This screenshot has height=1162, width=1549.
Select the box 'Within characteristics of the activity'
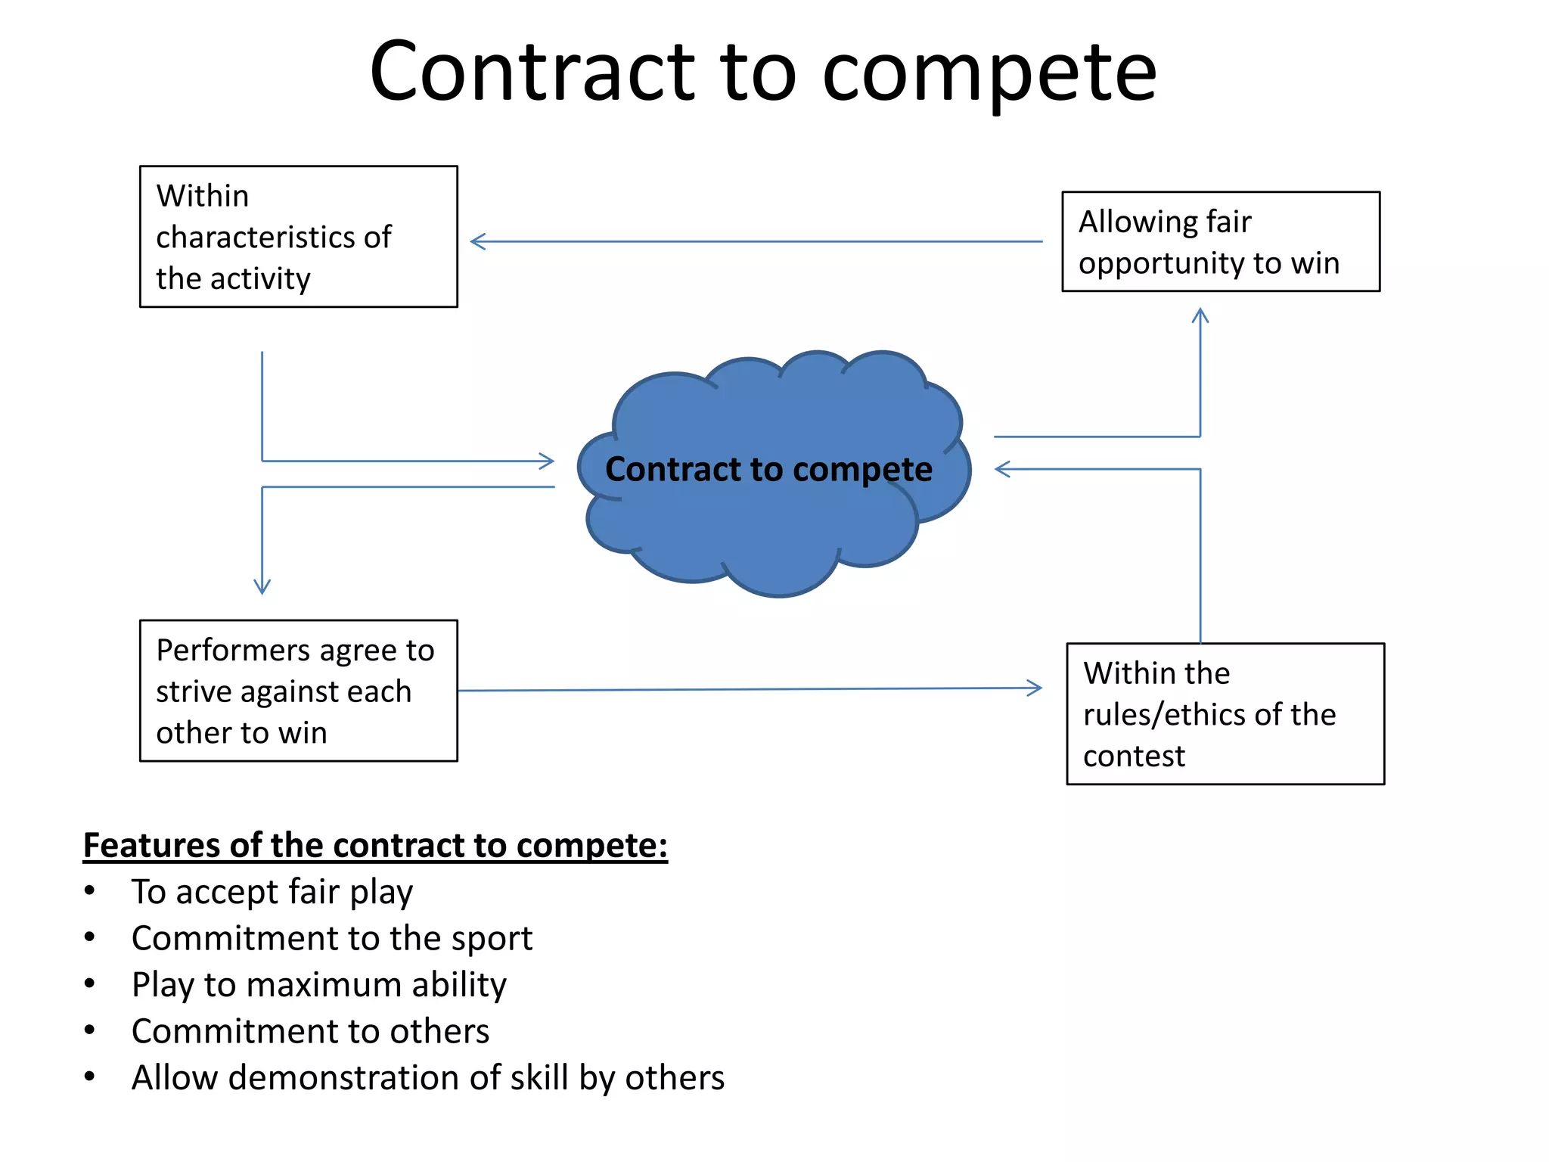click(298, 237)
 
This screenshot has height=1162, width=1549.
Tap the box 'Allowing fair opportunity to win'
click(1220, 242)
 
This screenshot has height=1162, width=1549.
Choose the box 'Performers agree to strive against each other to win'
click(298, 691)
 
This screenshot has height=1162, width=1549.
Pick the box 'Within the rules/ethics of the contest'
click(1225, 713)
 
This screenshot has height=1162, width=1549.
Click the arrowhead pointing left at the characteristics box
click(476, 242)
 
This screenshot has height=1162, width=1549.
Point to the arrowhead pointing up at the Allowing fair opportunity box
click(1200, 314)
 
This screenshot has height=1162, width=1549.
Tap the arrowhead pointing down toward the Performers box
click(262, 587)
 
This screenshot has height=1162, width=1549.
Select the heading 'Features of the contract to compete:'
click(375, 845)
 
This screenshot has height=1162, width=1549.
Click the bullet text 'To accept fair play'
click(272, 892)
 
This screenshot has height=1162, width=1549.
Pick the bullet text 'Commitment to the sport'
click(332, 939)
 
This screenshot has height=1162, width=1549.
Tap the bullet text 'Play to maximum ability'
click(318, 985)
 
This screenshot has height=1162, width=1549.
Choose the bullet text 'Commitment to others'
click(310, 1031)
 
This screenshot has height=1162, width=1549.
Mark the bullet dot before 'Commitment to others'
click(90, 1030)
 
